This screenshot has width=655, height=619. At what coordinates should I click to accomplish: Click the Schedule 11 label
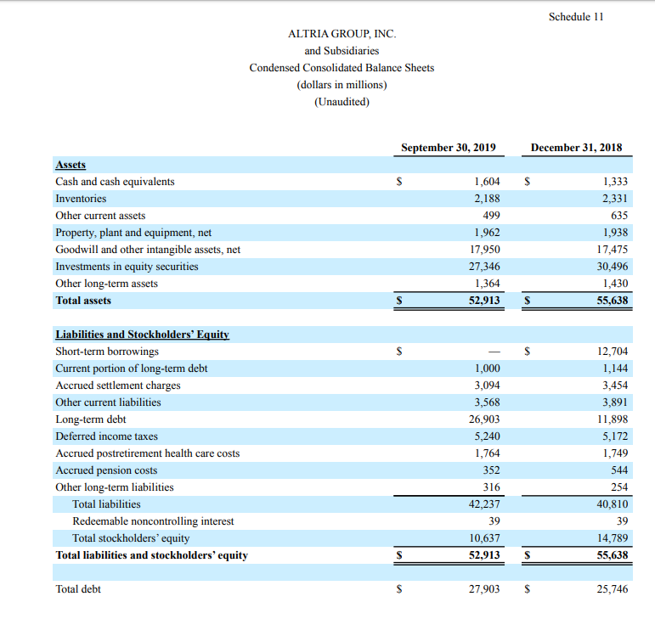[576, 16]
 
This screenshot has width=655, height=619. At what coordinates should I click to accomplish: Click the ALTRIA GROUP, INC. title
[342, 34]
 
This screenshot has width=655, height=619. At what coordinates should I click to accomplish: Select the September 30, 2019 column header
[448, 147]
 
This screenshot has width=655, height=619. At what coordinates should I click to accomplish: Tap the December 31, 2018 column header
[576, 147]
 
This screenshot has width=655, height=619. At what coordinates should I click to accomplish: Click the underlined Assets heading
[71, 165]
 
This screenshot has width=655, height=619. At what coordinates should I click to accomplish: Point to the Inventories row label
[81, 199]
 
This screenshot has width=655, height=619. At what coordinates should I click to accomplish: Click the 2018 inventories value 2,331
[614, 199]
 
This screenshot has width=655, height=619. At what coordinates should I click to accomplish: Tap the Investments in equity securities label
[127, 267]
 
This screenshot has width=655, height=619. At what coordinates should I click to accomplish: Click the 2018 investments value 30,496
[613, 267]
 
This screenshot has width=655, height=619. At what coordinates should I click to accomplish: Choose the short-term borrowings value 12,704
[613, 352]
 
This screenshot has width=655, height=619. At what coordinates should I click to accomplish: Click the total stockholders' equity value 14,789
[613, 538]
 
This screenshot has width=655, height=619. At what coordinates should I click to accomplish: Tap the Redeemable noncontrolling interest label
[153, 521]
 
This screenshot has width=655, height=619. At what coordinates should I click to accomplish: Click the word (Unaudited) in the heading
[342, 102]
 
